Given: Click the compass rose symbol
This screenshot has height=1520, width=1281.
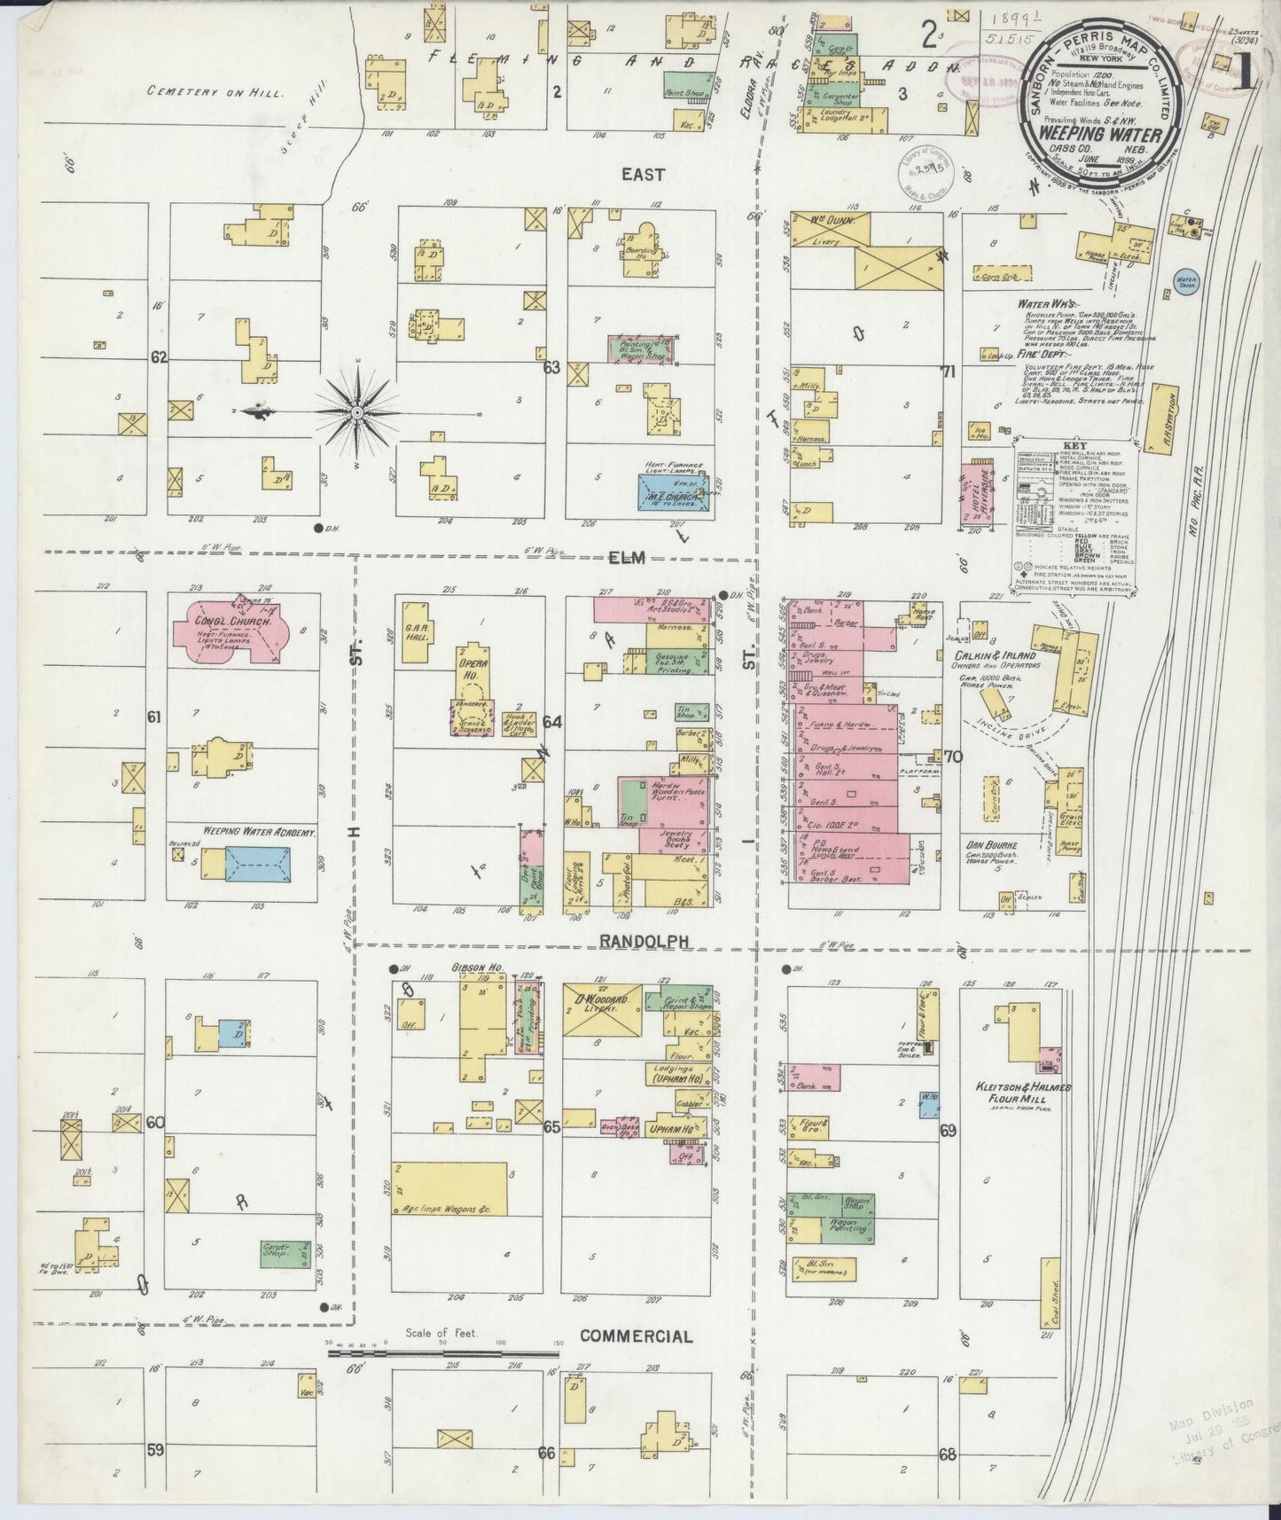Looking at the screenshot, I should (355, 412).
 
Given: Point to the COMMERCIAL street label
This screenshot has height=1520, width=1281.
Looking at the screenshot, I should (637, 1336).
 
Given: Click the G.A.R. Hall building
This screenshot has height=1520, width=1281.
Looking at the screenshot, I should (416, 631).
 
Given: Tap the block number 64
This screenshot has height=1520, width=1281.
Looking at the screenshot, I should (552, 722).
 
